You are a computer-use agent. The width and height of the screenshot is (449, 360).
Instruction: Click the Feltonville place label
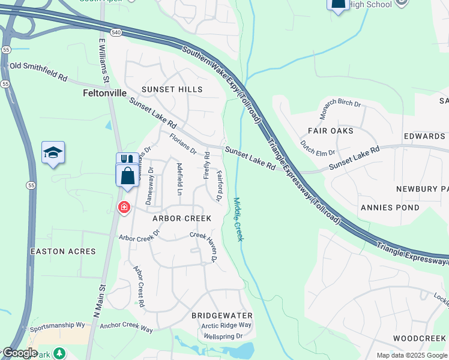(104, 94)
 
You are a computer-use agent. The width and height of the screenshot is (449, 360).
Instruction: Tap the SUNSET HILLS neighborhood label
(172, 89)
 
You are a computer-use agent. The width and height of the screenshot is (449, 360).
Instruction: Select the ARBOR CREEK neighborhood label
(182, 218)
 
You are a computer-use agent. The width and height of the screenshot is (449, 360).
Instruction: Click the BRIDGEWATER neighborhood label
(221, 316)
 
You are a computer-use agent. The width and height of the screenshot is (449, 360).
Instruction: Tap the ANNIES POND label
(390, 208)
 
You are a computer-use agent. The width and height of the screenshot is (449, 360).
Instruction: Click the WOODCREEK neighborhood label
(420, 339)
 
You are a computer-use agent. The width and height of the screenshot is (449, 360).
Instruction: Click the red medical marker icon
(124, 208)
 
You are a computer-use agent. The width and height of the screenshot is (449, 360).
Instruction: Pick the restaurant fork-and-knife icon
(126, 160)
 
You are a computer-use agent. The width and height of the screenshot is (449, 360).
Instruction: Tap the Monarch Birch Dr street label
(340, 112)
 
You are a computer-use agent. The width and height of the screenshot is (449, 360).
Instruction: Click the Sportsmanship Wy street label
(58, 325)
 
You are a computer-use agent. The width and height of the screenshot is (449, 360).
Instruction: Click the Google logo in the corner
(19, 353)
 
